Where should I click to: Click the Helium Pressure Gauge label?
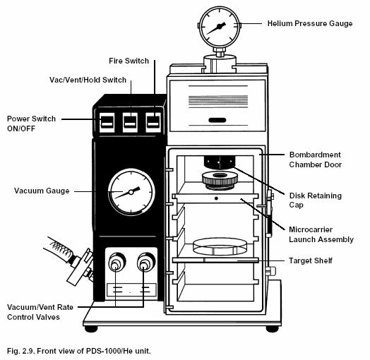tap(309, 23)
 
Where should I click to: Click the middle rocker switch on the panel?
tap(130, 123)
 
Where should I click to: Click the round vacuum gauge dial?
tap(131, 191)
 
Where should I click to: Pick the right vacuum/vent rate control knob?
tap(145, 265)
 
